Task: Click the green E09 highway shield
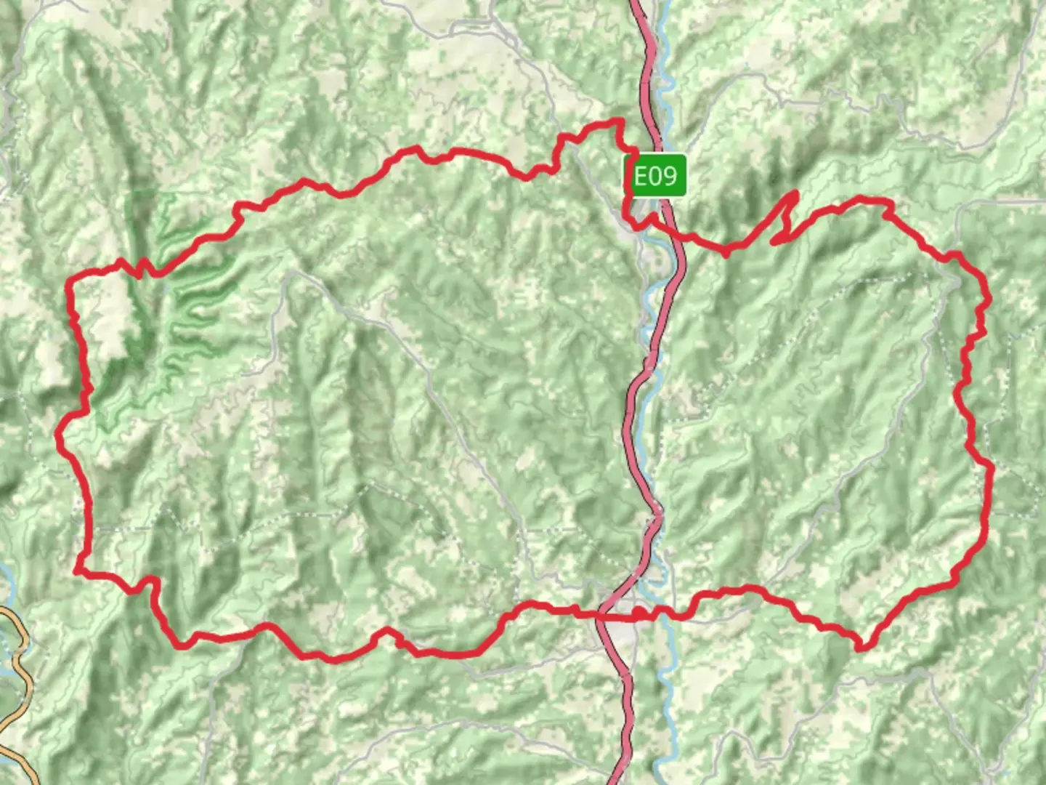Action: pyautogui.click(x=655, y=176)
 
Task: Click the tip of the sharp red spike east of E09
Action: pyautogui.click(x=797, y=193)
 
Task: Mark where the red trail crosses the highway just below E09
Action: pyautogui.click(x=672, y=229)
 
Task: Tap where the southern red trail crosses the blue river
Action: pyautogui.click(x=662, y=615)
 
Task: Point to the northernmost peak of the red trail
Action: pyautogui.click(x=620, y=121)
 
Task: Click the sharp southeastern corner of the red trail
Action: pyautogui.click(x=861, y=647)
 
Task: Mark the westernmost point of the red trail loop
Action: pyautogui.click(x=58, y=434)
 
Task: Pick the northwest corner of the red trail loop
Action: pyautogui.click(x=70, y=280)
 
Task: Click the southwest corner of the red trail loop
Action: pyautogui.click(x=77, y=571)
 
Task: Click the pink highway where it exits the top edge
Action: pyautogui.click(x=637, y=4)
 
